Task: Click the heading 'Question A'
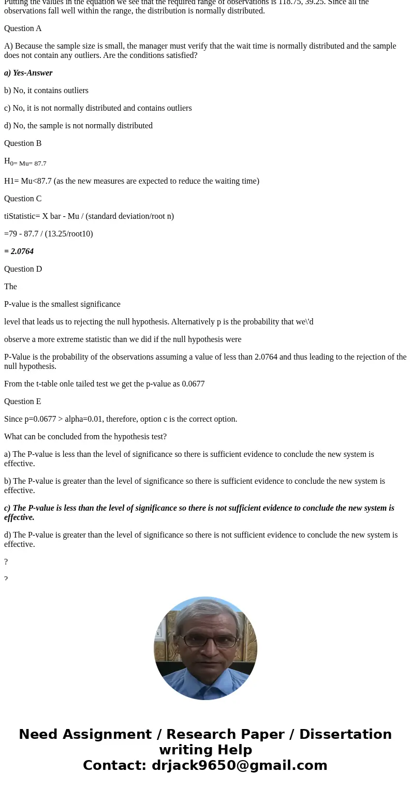click(23, 28)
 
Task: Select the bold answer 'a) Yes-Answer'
click(28, 73)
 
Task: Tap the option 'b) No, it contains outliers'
click(46, 91)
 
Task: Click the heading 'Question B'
click(23, 143)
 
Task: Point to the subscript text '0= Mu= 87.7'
click(28, 163)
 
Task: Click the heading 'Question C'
click(23, 199)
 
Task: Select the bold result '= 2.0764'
click(19, 251)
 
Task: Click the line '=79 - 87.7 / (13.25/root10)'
click(49, 234)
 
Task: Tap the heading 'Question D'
click(23, 269)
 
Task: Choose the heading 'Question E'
click(23, 402)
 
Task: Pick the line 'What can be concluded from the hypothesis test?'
click(85, 437)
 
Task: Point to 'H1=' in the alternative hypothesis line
click(11, 181)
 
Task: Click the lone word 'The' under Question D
click(10, 287)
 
